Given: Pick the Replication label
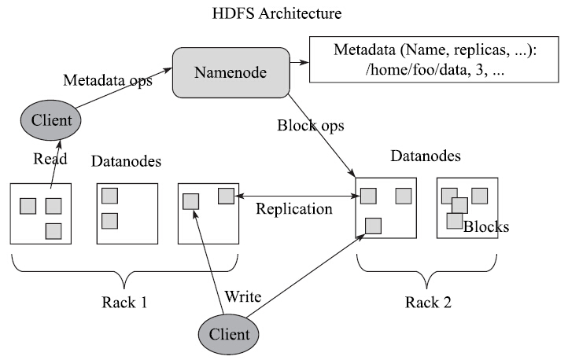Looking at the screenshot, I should [x=294, y=210].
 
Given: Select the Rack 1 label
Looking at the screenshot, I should [x=124, y=301].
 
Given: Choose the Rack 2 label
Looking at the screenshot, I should [x=426, y=301].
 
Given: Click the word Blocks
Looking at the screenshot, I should [x=486, y=227].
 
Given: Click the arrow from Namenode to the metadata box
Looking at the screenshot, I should [x=298, y=61].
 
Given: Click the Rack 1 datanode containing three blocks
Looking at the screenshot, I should [x=41, y=213].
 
